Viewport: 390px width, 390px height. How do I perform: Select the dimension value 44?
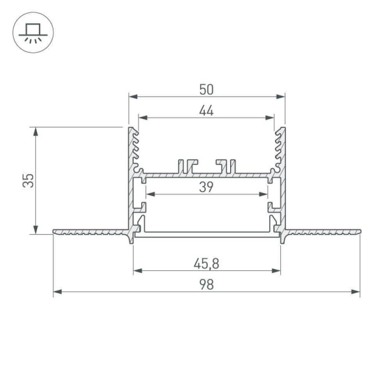tap(207, 110)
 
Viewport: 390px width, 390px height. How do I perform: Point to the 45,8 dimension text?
tap(207, 264)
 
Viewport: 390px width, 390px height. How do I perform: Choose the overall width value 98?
tap(207, 285)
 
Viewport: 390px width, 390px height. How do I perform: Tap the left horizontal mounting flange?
tap(91, 231)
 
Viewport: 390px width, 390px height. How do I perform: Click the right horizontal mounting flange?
tap(322, 231)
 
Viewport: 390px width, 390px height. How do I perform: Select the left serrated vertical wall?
tap(133, 149)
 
